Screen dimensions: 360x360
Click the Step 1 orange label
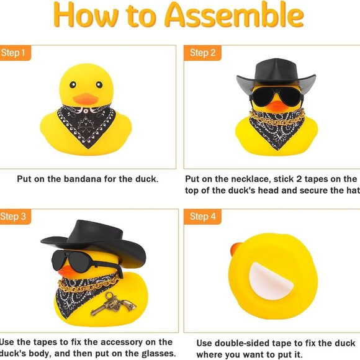coord(14,53)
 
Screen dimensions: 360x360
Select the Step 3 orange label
coord(14,217)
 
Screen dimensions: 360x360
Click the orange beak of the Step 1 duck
coord(85,99)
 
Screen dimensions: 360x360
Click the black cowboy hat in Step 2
coord(276,74)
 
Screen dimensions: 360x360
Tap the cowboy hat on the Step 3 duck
coord(93,239)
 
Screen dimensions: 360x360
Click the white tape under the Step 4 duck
coord(271,282)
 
